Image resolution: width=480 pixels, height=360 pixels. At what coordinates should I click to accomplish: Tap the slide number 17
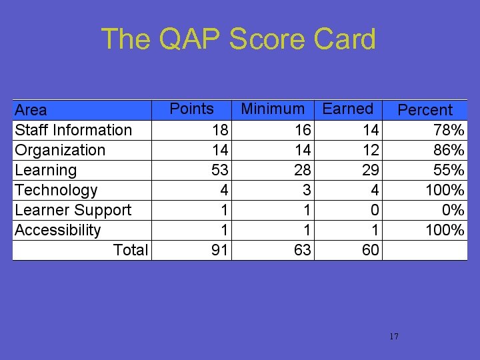pos(393,336)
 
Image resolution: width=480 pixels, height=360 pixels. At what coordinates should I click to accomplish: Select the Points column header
pos(191,109)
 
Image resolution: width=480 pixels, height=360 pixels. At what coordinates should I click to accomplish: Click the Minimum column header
pos(273,109)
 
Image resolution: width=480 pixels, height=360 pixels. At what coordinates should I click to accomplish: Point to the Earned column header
pos(347,109)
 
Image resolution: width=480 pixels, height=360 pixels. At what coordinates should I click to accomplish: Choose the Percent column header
pos(425,110)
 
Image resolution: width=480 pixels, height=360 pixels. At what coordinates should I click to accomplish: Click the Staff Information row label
pos(73,130)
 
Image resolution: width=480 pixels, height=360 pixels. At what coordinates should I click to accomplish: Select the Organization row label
pos(60,150)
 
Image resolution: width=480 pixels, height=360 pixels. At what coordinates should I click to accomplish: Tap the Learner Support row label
pos(73,210)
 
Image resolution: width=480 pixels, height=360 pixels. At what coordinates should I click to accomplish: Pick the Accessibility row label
pos(57,230)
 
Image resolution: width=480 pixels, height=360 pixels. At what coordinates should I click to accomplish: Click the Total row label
pos(131,250)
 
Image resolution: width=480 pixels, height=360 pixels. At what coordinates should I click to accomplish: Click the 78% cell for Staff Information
pos(449,130)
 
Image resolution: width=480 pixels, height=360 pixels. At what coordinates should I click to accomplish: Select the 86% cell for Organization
pos(449,150)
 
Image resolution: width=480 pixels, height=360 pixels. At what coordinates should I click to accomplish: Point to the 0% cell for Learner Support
pos(453,210)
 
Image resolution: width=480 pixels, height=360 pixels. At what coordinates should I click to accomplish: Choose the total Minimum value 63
pos(303,250)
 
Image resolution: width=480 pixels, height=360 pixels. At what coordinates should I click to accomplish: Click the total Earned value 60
pos(371,250)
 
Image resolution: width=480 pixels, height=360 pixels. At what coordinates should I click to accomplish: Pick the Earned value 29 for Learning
pos(371,170)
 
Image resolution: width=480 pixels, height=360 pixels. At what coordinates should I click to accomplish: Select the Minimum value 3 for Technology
pos(307,190)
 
